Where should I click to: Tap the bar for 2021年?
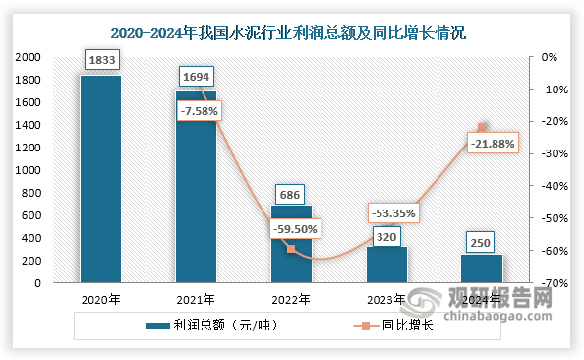(x=196, y=187)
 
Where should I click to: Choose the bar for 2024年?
(x=482, y=269)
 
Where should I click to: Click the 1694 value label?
(x=196, y=75)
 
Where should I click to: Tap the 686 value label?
(x=291, y=196)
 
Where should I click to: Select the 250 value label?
(x=482, y=241)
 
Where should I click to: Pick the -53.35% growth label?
(x=392, y=212)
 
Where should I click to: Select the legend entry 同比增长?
(x=404, y=325)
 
